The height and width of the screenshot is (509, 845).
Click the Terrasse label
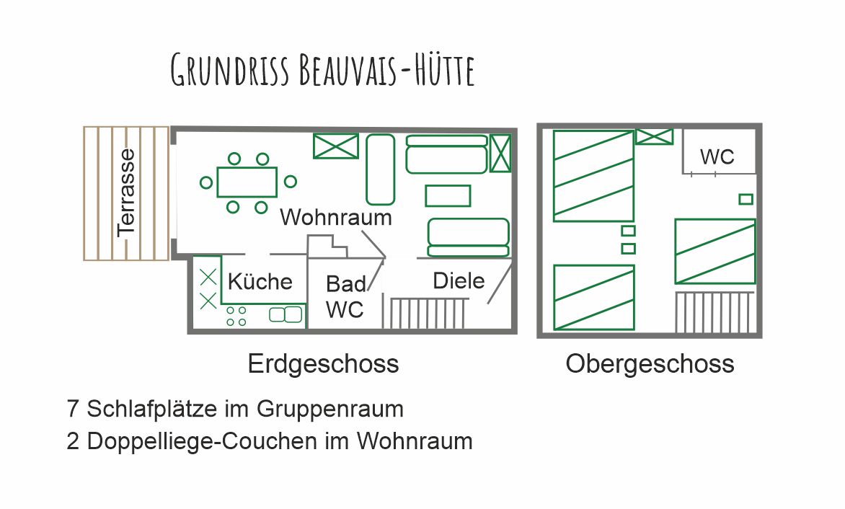[126, 192]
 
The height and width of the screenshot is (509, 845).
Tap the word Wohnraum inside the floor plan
[336, 218]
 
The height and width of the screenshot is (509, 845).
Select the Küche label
[260, 281]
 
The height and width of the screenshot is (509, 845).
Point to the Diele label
[459, 280]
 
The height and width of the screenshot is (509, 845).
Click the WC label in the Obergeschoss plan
[717, 156]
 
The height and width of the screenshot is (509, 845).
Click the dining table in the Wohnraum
[247, 182]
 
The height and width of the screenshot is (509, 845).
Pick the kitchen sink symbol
[286, 314]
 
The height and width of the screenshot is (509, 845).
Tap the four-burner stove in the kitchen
[236, 317]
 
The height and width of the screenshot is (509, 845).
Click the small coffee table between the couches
[448, 196]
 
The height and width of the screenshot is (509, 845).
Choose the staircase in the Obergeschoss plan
[715, 312]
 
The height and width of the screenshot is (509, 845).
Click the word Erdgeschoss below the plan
[323, 363]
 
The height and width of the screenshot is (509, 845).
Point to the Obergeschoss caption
[650, 363]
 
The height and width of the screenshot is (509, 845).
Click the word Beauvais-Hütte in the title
[386, 70]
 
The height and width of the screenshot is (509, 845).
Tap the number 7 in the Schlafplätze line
[73, 409]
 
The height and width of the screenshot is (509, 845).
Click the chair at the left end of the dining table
[206, 182]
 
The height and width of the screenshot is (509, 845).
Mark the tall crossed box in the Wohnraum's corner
[500, 154]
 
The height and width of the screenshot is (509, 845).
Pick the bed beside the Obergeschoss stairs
[715, 252]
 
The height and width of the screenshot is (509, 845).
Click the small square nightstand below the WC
[746, 199]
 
